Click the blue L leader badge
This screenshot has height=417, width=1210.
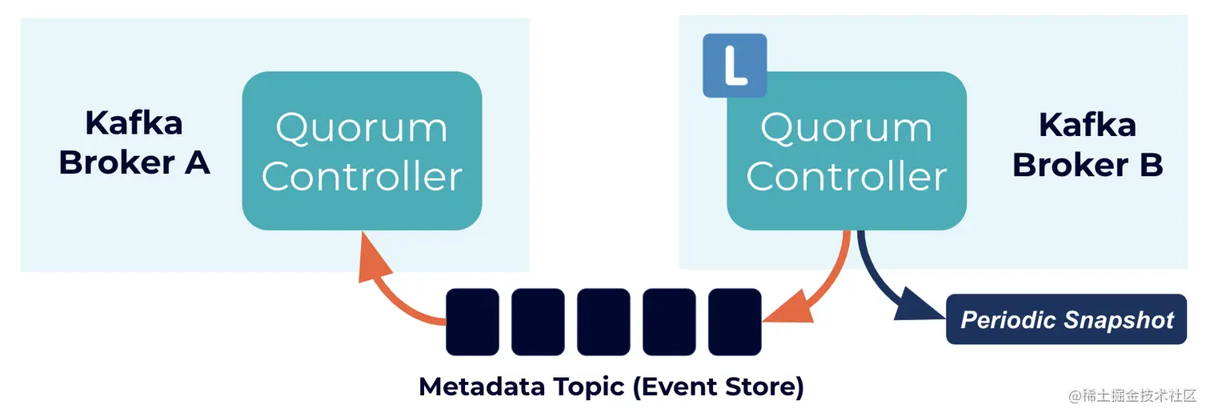[735, 66]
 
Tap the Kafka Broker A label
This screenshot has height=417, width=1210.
[134, 143]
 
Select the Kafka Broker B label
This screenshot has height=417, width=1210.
[1087, 145]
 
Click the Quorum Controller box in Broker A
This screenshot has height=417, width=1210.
[362, 150]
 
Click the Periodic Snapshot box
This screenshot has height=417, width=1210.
[1066, 320]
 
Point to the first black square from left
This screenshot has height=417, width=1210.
[472, 322]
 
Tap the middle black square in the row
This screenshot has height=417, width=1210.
[603, 322]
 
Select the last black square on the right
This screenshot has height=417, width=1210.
[735, 322]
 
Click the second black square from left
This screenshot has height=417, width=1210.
[538, 322]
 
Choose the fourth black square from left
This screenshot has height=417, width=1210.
[669, 322]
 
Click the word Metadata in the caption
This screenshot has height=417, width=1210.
[482, 387]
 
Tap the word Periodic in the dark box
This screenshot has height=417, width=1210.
[1011, 320]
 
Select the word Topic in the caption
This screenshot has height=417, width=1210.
[588, 387]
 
